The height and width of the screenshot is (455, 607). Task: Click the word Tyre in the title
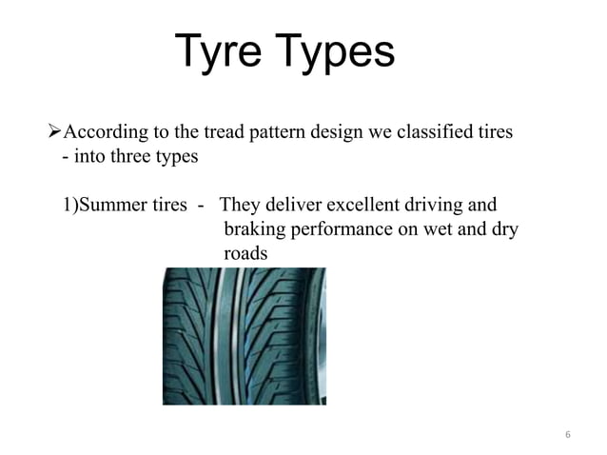point(221,52)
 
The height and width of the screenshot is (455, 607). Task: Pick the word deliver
point(292,207)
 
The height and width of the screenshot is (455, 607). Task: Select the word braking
point(252,230)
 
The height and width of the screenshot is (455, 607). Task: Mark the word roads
point(245,255)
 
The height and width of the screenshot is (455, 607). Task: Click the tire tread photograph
point(244,335)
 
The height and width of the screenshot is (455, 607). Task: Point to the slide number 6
point(568,435)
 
